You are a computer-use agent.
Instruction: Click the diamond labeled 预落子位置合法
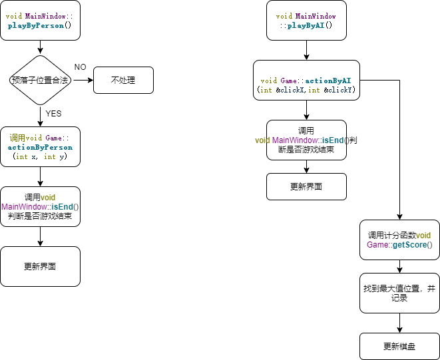pos(40,80)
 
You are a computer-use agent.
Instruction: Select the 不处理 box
pos(123,80)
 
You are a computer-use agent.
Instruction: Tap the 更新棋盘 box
pos(399,347)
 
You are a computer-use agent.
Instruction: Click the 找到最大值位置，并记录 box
pos(399,293)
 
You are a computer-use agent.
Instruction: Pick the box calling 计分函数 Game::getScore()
pos(399,240)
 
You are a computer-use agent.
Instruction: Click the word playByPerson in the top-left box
pos(36,26)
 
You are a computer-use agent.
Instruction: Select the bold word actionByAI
pos(328,80)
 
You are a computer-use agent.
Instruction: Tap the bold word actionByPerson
pos(40,147)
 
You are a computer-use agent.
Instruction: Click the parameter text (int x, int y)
pos(40,157)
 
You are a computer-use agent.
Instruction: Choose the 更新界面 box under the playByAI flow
pos(306,186)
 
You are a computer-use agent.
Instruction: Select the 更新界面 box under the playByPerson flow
pos(40,266)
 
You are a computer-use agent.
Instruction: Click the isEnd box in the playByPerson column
pos(40,206)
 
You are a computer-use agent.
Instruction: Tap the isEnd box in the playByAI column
pos(306,140)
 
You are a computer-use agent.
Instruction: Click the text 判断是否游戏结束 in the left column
pos(40,216)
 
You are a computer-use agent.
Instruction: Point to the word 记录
pos(399,298)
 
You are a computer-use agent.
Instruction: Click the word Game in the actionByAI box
pos(288,80)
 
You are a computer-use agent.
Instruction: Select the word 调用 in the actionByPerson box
pos(18,138)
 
